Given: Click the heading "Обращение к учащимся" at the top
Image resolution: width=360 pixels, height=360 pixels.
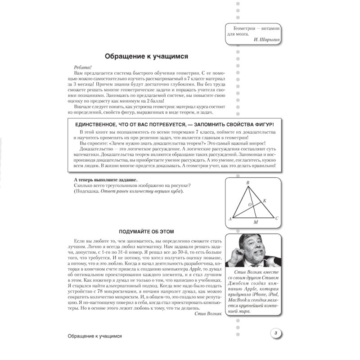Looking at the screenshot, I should click(146, 57).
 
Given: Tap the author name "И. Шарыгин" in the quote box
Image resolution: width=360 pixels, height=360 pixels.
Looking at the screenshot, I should click(269, 40).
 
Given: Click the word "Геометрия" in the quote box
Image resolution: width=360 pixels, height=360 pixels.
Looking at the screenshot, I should click(242, 27).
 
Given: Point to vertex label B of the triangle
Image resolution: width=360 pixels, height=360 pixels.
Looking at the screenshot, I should click(248, 183).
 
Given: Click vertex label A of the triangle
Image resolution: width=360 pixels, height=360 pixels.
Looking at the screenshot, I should click(230, 219).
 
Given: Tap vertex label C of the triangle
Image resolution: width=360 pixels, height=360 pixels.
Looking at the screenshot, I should click(277, 218).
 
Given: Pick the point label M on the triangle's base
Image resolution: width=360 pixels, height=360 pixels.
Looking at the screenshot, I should click(256, 222).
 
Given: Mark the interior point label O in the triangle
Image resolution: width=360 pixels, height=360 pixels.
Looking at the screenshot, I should click(250, 205).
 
